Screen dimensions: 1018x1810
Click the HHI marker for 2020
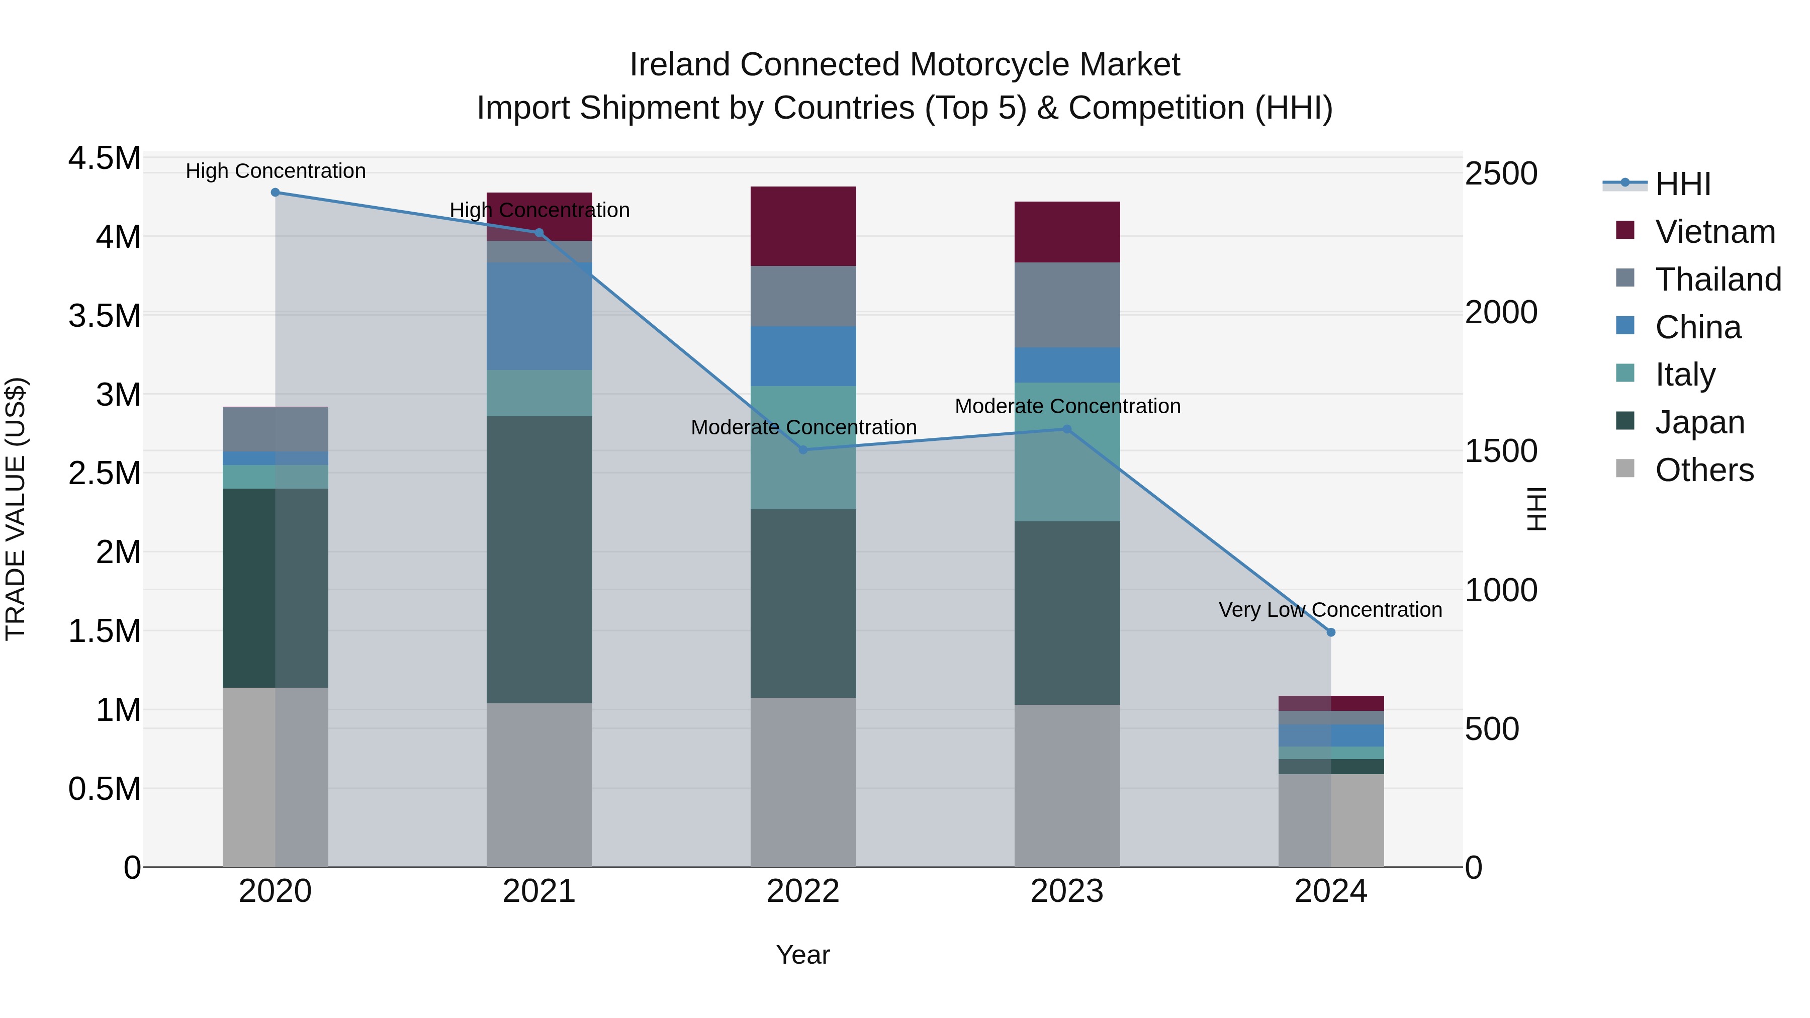(276, 193)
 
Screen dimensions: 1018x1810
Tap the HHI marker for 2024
(1331, 632)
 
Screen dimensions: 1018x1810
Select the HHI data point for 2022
(803, 449)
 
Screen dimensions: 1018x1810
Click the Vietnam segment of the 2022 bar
(803, 226)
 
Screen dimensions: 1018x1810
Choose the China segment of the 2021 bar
(539, 316)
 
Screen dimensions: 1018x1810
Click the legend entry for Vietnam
(1714, 232)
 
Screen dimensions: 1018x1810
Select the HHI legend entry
(1682, 184)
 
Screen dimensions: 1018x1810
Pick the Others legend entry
(1703, 470)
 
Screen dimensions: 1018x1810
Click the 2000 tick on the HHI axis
(1501, 313)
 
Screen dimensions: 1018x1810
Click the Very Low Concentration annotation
(1330, 610)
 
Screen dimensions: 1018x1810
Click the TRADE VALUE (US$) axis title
(16, 509)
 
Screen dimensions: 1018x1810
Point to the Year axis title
(802, 955)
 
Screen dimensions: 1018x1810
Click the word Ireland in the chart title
(679, 65)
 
